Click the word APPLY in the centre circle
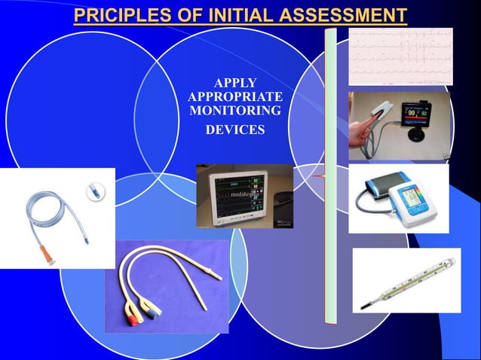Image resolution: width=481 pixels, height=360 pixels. pos(234,83)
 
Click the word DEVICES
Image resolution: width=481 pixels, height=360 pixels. pos(235,130)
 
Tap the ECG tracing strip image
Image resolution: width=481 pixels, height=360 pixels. pos(400,56)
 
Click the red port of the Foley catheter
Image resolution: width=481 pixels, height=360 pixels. pos(133,312)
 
